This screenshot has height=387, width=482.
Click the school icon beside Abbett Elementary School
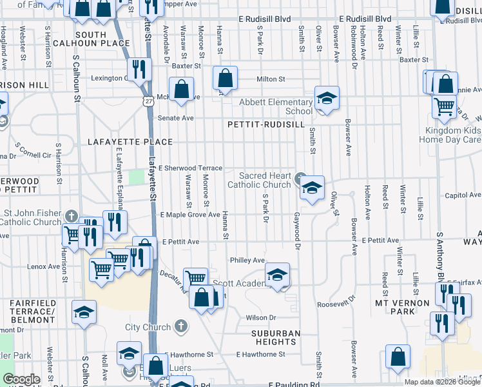(x=327, y=99)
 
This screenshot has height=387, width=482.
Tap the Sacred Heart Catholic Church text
(x=264, y=180)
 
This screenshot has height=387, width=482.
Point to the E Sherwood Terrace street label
(x=190, y=168)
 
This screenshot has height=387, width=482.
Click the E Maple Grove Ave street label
(x=190, y=214)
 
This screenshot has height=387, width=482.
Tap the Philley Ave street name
(x=248, y=261)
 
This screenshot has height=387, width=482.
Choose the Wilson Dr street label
(x=261, y=317)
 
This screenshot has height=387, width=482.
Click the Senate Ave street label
(x=177, y=118)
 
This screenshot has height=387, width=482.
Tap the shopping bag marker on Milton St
(x=225, y=79)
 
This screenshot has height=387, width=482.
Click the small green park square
(x=137, y=177)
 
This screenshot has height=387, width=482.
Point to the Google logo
(x=21, y=379)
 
